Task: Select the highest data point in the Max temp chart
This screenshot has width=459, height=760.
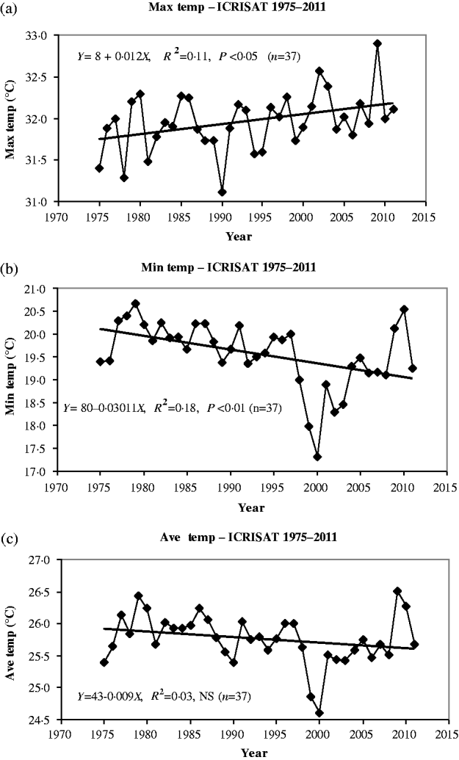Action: coord(377,43)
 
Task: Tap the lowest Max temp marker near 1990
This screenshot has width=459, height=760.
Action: coord(222,192)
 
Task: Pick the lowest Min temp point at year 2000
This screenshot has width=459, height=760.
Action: coord(317,457)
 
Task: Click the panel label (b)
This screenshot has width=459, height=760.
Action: coord(10,267)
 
